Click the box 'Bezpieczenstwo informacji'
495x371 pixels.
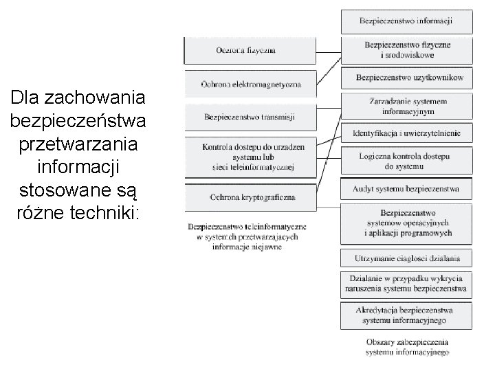click(406, 21)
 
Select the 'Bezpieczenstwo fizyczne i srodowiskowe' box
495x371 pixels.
click(406, 50)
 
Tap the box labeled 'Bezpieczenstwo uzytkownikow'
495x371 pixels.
click(406, 78)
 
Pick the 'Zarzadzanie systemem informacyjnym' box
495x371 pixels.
click(406, 106)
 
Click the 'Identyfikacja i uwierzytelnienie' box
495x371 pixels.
click(406, 133)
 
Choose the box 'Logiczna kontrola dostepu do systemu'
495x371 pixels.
click(406, 161)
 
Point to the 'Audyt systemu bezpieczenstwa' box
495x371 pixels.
click(406, 189)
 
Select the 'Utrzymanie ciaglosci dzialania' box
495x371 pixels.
click(406, 258)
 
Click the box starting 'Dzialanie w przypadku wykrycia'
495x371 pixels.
click(406, 284)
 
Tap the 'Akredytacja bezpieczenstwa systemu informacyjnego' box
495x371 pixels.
click(406, 315)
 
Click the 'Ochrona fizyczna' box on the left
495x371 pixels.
click(250, 51)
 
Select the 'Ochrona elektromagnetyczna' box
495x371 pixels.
click(250, 83)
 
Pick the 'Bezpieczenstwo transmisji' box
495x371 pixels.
click(250, 117)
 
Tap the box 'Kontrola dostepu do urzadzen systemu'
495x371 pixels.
click(250, 156)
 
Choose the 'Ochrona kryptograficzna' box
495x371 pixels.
click(250, 197)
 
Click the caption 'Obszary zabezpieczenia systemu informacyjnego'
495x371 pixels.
click(406, 348)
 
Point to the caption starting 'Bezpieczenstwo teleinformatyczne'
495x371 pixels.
click(247, 236)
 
